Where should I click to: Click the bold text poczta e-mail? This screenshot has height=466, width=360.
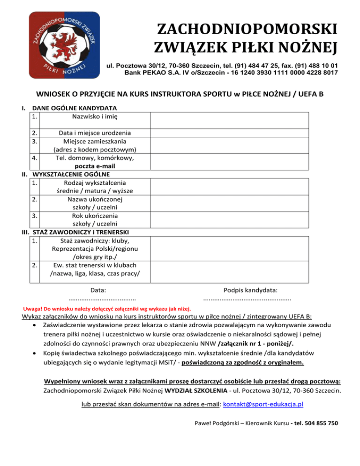[x=95, y=166]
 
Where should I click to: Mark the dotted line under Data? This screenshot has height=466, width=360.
[x=102, y=299]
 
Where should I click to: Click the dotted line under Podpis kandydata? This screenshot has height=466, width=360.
[x=247, y=299]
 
